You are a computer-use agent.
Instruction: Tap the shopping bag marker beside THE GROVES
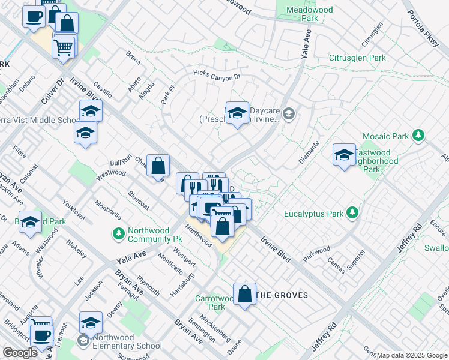click(x=244, y=295)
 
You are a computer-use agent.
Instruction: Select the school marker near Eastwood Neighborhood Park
click(x=344, y=155)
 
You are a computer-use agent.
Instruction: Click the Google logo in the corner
click(x=20, y=353)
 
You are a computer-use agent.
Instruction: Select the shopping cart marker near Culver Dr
click(x=64, y=46)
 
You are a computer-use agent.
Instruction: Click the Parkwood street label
click(x=316, y=253)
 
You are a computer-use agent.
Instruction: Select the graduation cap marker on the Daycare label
click(x=237, y=113)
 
